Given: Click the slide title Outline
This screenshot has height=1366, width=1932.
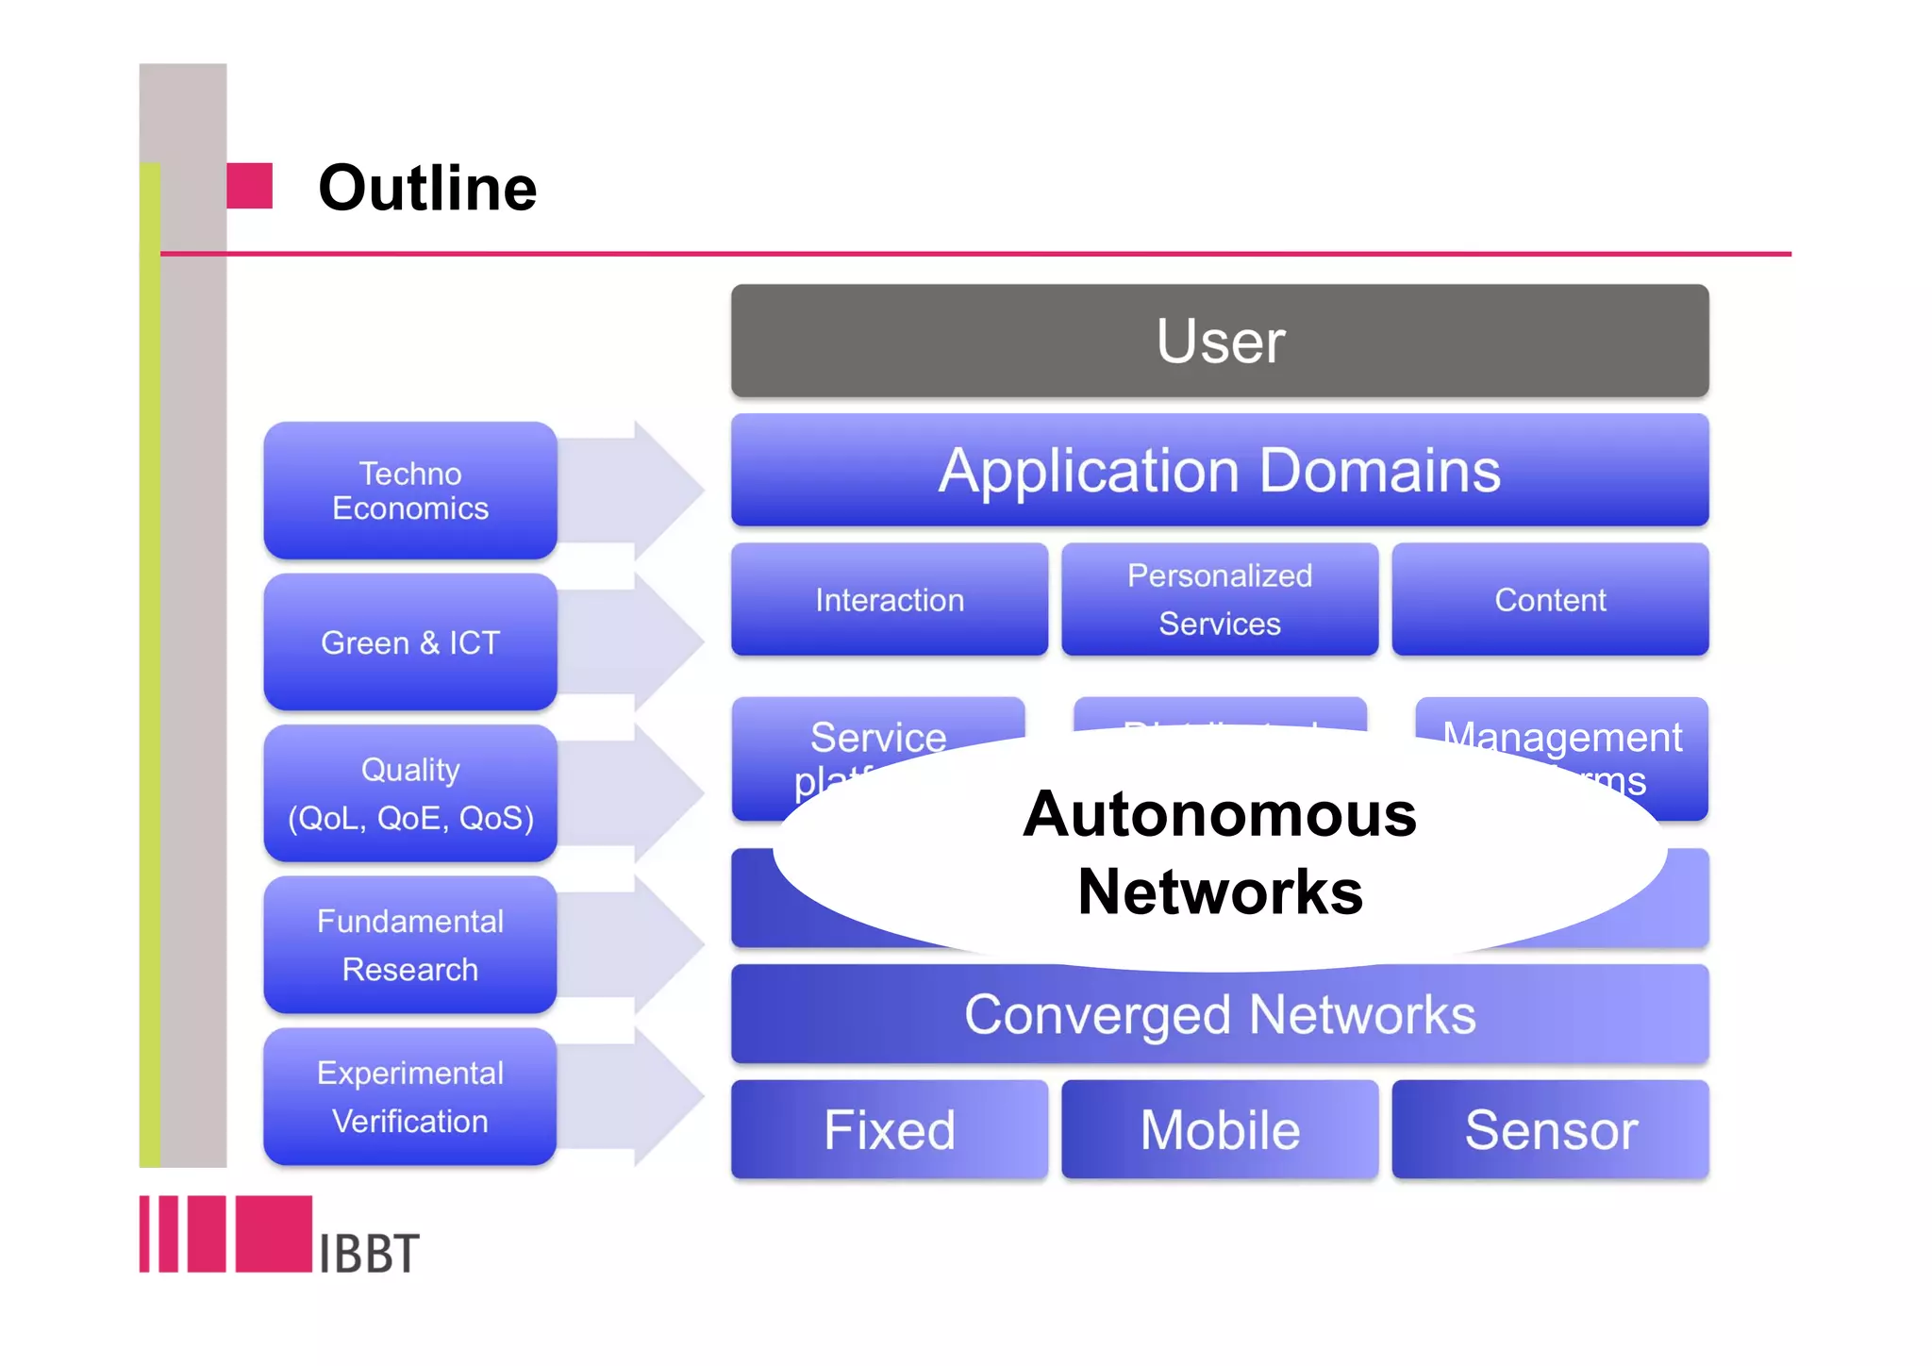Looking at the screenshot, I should click(426, 188).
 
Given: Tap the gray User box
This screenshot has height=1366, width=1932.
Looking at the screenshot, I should click(1219, 341).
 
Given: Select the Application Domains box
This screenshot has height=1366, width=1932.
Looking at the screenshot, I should click(1219, 470).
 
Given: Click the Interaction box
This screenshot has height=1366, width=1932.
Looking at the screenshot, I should click(889, 600).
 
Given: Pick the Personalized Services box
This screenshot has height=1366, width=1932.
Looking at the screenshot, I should click(1219, 600).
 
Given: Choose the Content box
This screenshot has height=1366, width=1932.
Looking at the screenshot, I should click(1549, 600).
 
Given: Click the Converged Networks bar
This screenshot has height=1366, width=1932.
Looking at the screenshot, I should click(1219, 1015).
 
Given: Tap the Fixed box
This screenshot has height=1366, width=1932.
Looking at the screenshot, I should click(889, 1129).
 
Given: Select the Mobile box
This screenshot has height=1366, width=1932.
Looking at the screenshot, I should click(1219, 1129).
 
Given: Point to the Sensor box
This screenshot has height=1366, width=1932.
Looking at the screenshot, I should click(1549, 1129).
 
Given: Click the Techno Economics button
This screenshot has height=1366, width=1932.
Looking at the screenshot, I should click(409, 491).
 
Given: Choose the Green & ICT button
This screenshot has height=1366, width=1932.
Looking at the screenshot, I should click(409, 642).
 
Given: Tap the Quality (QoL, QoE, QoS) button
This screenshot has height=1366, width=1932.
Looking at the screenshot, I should click(409, 793).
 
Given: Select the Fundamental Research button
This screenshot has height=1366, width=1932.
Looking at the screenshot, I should click(409, 944).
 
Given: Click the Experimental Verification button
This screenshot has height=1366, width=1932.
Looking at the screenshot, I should click(409, 1096).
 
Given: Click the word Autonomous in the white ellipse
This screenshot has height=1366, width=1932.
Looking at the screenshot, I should click(1219, 814).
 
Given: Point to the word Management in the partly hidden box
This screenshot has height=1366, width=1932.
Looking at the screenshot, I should click(1561, 737).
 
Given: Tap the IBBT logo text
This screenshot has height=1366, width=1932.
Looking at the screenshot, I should click(368, 1254).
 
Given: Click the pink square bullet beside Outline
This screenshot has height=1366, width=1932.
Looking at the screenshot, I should click(250, 186).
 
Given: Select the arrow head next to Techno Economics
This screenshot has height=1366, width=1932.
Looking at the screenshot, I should click(665, 489).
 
